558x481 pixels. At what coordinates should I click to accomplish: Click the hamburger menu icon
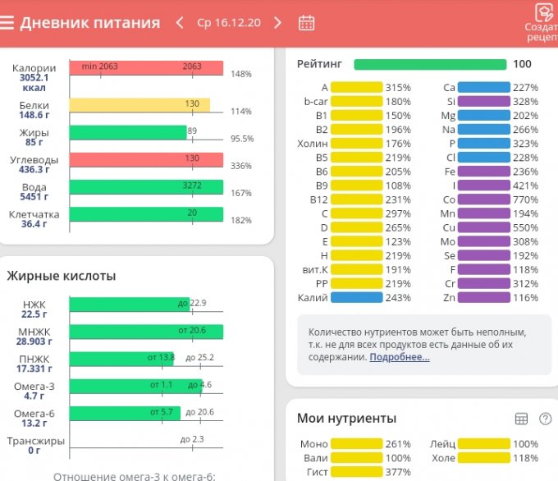pyautogui.click(x=7, y=22)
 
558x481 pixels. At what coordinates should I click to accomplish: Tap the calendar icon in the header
pyautogui.click(x=306, y=22)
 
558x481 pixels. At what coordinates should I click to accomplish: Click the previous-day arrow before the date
pyautogui.click(x=180, y=22)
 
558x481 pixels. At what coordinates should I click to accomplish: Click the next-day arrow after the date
pyautogui.click(x=277, y=22)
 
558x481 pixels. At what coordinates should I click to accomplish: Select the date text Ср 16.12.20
pyautogui.click(x=229, y=22)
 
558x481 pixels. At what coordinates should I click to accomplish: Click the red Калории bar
pyautogui.click(x=146, y=68)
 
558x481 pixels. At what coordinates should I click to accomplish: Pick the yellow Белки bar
pyautogui.click(x=139, y=104)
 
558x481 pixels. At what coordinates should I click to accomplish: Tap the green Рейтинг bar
pyautogui.click(x=430, y=64)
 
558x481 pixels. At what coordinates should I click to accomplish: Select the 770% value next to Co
pyautogui.click(x=525, y=199)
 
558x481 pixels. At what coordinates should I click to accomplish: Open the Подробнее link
pyautogui.click(x=399, y=357)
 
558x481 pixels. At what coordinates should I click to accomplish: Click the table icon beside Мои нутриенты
pyautogui.click(x=520, y=419)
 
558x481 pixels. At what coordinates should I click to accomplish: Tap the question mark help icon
pyautogui.click(x=545, y=419)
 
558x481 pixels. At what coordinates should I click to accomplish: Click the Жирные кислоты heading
pyautogui.click(x=61, y=276)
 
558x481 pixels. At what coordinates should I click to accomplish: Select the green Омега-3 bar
pyautogui.click(x=135, y=386)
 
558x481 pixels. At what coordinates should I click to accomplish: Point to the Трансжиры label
pyautogui.click(x=34, y=441)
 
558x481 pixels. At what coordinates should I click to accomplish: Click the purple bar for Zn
pyautogui.click(x=483, y=297)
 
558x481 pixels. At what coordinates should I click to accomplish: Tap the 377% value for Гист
pyautogui.click(x=399, y=472)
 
